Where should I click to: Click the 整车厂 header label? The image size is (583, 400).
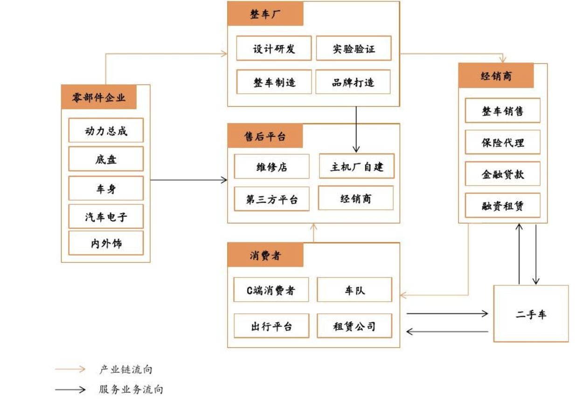[x=265, y=14]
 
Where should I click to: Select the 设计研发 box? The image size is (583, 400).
[x=274, y=48]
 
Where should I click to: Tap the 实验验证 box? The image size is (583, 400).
[x=354, y=48]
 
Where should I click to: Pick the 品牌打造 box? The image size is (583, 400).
[x=353, y=83]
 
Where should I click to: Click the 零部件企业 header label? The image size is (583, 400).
[x=98, y=97]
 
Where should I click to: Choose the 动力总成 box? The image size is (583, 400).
[x=106, y=131]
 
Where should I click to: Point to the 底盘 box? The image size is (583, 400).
[x=106, y=159]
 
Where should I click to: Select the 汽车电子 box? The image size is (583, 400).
[x=106, y=216]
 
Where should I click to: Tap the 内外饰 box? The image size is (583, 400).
[x=106, y=243]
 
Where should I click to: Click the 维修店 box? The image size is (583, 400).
[x=271, y=167]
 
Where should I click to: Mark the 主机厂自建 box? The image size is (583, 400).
[x=356, y=166]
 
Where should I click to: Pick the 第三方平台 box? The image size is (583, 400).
[x=271, y=200]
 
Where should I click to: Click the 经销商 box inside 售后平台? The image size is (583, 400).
[x=356, y=199]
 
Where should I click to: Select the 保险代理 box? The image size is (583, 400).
[x=502, y=142]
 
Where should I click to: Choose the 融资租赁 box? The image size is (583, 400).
[x=502, y=206]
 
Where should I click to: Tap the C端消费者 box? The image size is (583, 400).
[x=271, y=290]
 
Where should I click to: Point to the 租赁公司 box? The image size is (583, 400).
[x=354, y=326]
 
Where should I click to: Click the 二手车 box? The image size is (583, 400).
[x=531, y=314]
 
